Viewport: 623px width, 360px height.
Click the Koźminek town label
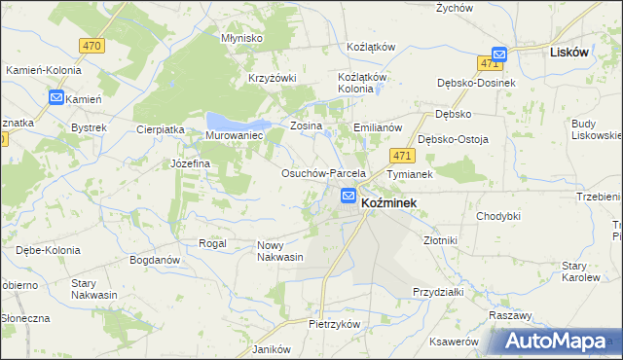tap(389, 202)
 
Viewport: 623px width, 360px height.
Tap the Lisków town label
tap(568, 53)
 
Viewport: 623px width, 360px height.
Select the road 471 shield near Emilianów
tap(399, 155)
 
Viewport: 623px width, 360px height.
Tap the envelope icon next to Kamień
tap(55, 98)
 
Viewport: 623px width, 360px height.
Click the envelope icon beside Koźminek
tap(348, 197)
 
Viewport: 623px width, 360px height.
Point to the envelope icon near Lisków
tap(498, 54)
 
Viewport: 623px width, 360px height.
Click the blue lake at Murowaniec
tap(237, 122)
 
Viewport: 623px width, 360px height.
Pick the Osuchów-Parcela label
tap(322, 173)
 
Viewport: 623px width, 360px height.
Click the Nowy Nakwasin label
tap(279, 251)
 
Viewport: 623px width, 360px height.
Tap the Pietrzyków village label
tap(335, 323)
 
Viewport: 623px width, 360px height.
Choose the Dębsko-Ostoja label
tap(453, 139)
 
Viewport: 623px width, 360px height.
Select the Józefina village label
tap(191, 163)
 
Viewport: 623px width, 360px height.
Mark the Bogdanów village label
tap(155, 261)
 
